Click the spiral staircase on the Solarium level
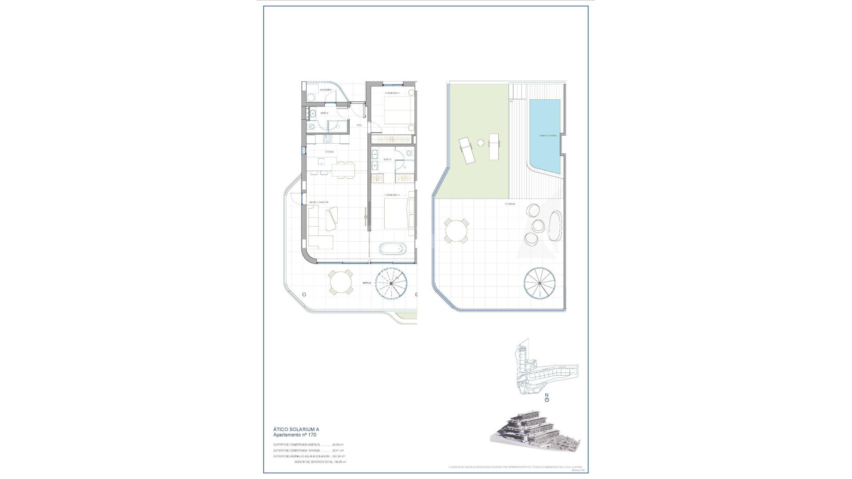click(x=540, y=282)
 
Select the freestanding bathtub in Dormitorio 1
click(x=392, y=249)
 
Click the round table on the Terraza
click(x=341, y=283)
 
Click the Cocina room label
click(x=329, y=152)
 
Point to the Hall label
click(x=359, y=125)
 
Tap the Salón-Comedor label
click(x=319, y=202)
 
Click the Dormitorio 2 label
click(x=392, y=93)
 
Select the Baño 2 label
click(x=324, y=114)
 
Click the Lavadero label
click(x=326, y=90)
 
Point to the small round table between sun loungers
click(x=481, y=143)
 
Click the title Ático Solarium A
click(x=296, y=429)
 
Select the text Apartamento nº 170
click(x=295, y=435)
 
